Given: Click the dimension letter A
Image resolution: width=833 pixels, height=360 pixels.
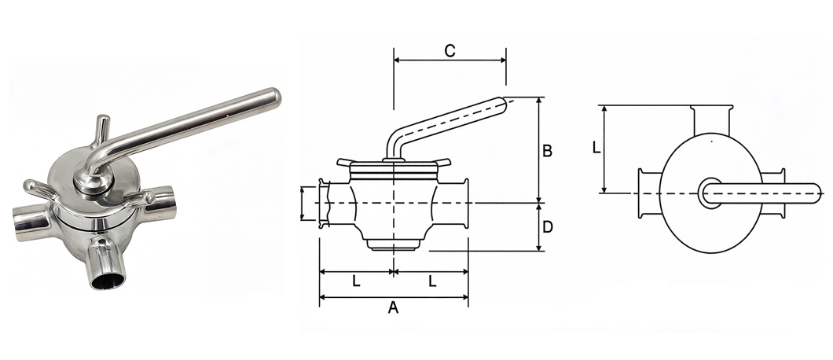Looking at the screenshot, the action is (x=393, y=307).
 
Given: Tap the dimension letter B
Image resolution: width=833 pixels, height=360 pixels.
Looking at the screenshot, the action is (x=547, y=151).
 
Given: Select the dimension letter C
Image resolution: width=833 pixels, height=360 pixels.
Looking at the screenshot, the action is (x=450, y=51).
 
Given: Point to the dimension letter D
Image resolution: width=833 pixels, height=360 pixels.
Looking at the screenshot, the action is (x=548, y=227).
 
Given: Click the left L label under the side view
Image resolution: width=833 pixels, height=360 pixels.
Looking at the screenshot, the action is (x=357, y=281).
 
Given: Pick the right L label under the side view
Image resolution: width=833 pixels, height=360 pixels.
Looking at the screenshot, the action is (x=432, y=281).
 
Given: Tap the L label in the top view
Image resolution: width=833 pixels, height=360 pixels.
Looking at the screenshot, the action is (x=596, y=147).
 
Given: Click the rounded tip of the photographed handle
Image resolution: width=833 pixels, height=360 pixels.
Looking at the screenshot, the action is (x=274, y=97).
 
